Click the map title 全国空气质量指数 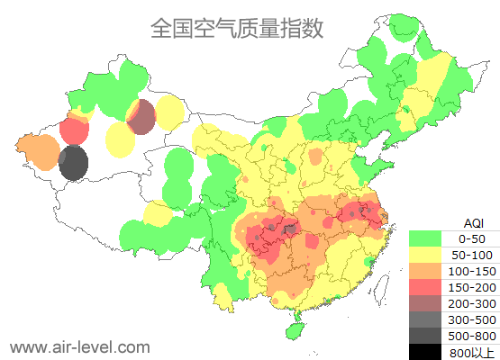click(236, 28)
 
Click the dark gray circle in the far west click(73, 164)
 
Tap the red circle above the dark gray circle click(74, 131)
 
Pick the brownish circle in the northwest click(141, 117)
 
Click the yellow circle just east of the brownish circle click(169, 113)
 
